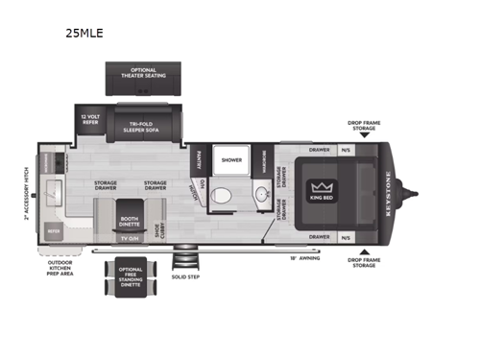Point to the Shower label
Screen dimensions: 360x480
231,159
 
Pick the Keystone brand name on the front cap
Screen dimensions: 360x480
386,190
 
